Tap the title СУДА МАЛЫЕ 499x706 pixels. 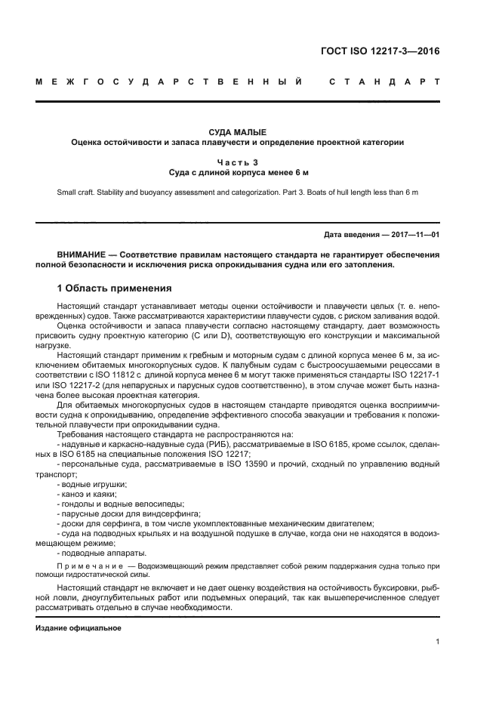pos(238,131)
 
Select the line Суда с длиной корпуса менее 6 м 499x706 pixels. pos(238,172)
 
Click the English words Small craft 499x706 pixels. pos(76,193)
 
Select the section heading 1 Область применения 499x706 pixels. pos(116,288)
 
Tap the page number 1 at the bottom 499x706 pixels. pos(438,642)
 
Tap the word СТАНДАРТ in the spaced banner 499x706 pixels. pos(384,81)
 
